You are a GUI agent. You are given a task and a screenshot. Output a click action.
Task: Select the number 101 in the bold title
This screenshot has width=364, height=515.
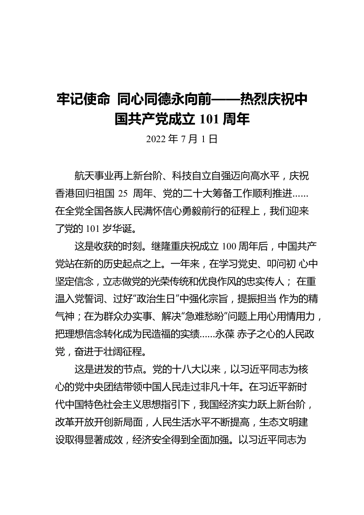pos(210,119)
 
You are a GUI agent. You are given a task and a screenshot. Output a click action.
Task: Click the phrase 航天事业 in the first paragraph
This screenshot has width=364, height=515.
pos(93,176)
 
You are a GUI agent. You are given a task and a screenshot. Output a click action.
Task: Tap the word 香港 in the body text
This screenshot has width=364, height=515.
pos(65,194)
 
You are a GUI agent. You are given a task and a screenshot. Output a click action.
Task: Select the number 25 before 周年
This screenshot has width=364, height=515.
pos(123,194)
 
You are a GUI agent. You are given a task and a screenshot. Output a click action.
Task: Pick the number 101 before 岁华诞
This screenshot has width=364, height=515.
pos(93,229)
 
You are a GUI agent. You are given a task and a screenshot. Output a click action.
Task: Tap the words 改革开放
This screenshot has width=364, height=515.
pos(74,422)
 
